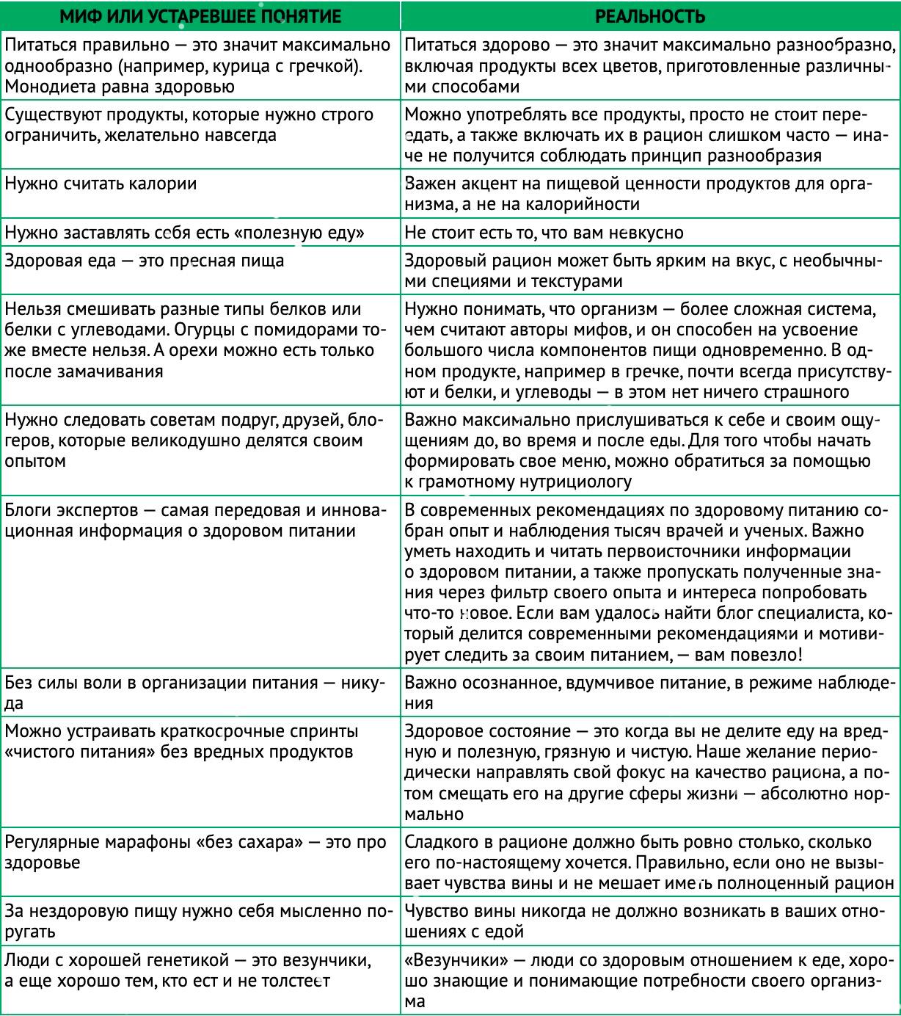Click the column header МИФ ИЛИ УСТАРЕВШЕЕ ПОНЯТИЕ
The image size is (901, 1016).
coord(200,16)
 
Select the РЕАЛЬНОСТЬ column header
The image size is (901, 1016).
coord(650,16)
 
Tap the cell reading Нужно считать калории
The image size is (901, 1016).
coord(101,184)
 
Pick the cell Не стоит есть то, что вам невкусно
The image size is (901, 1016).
coord(544,233)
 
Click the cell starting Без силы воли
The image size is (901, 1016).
coord(194,692)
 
